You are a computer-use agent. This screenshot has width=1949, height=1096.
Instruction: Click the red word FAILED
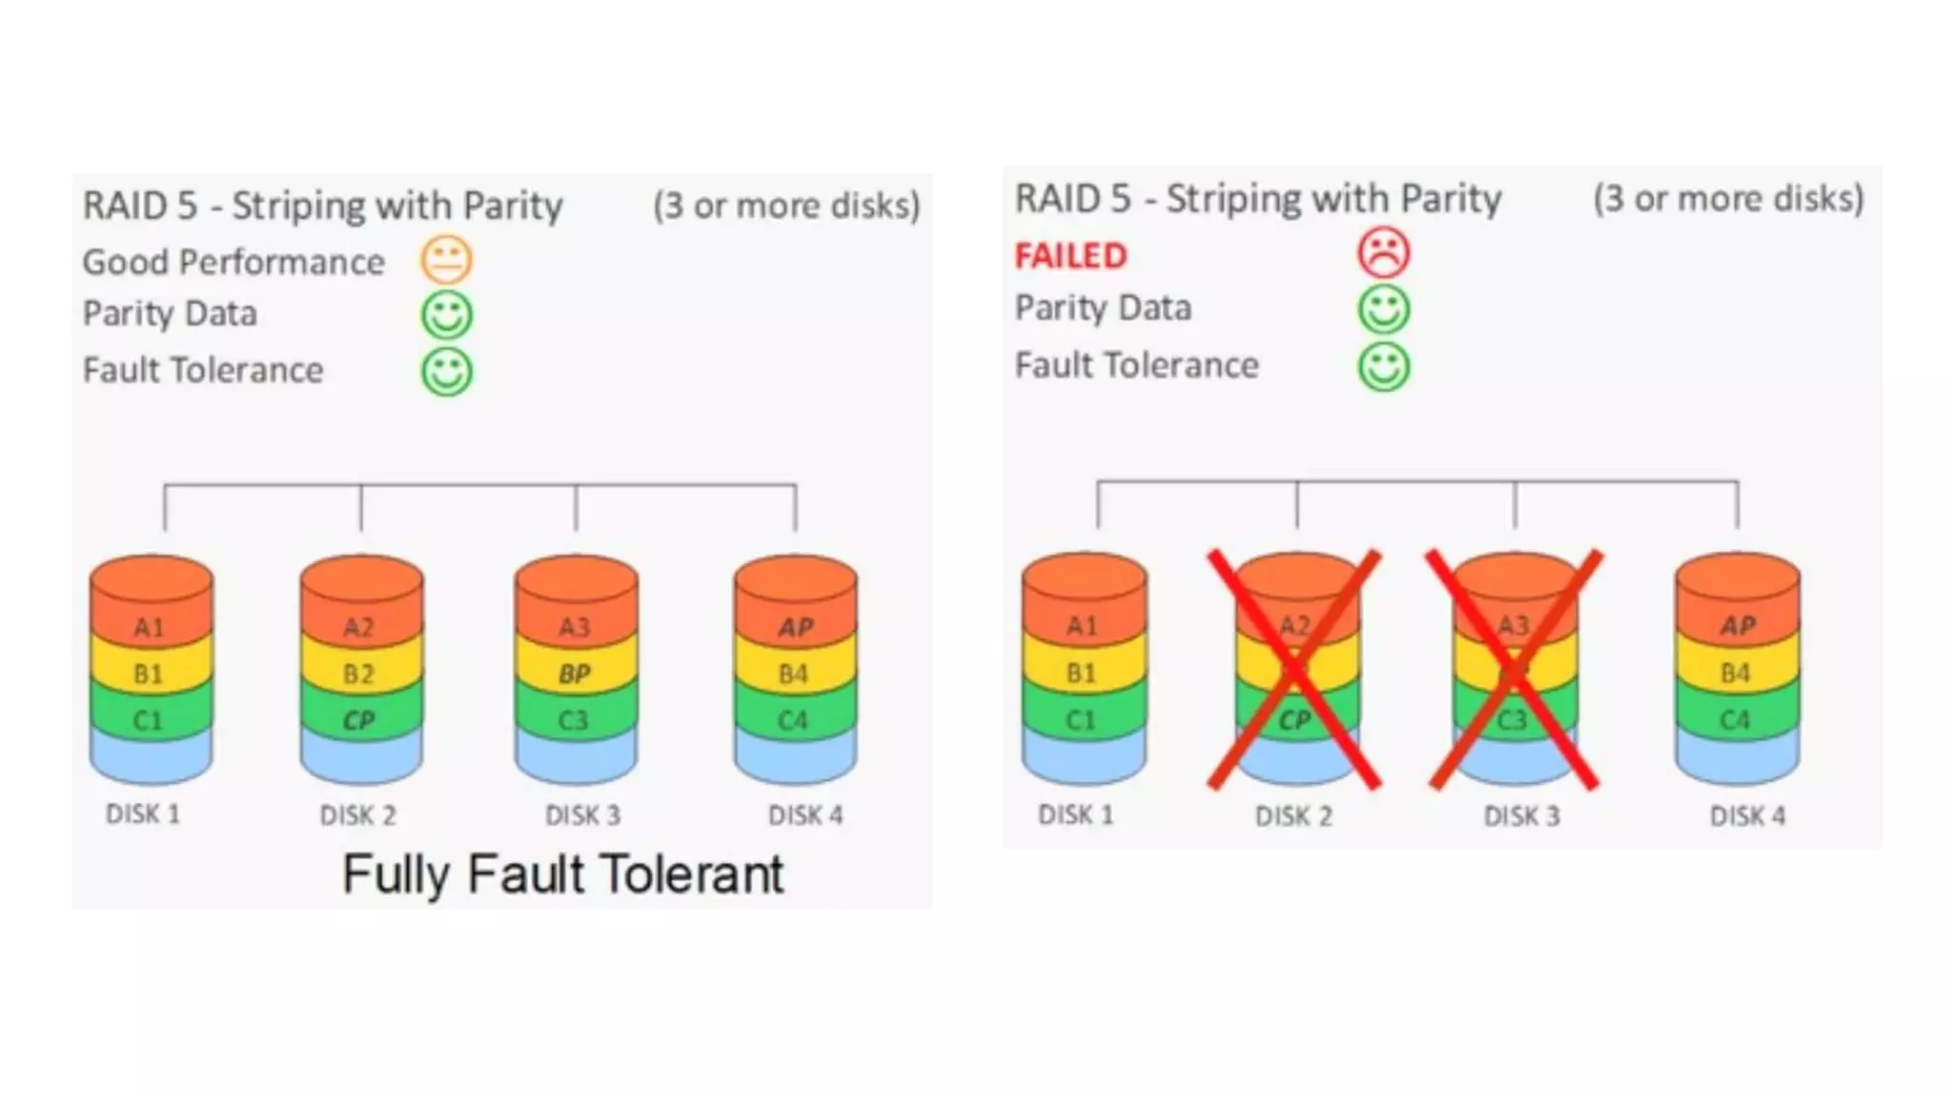point(1071,256)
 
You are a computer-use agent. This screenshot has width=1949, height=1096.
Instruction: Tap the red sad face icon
point(1383,253)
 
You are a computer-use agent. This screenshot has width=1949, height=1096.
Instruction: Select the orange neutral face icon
point(446,260)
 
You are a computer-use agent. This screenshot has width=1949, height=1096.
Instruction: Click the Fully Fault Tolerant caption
point(563,873)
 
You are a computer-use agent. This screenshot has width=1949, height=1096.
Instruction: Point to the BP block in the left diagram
point(575,674)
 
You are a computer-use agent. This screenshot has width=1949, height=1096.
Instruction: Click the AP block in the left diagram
point(796,627)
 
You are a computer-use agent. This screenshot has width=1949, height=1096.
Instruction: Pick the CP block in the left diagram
point(359,720)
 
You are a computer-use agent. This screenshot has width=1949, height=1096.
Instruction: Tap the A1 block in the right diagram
point(1082,625)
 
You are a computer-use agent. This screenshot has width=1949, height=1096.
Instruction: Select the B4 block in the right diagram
point(1736,673)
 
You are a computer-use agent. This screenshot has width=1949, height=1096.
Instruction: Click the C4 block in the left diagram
point(793,720)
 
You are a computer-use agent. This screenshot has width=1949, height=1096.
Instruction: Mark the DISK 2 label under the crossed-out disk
point(1293,816)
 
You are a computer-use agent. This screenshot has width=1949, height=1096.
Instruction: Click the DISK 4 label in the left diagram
point(805,815)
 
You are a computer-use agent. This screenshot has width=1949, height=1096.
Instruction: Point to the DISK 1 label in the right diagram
point(1075,815)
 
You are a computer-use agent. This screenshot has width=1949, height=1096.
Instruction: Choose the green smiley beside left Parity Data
point(446,315)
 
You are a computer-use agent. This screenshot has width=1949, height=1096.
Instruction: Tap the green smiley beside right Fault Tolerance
point(1383,366)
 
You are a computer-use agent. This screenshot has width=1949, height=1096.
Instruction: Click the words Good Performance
point(233,262)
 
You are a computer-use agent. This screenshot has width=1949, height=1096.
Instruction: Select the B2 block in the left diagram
point(359,674)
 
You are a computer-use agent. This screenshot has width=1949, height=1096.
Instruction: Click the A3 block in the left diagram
point(575,627)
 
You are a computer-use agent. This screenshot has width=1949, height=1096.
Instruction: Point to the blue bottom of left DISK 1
point(150,758)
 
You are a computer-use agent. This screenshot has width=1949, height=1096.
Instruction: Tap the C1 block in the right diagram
point(1082,720)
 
